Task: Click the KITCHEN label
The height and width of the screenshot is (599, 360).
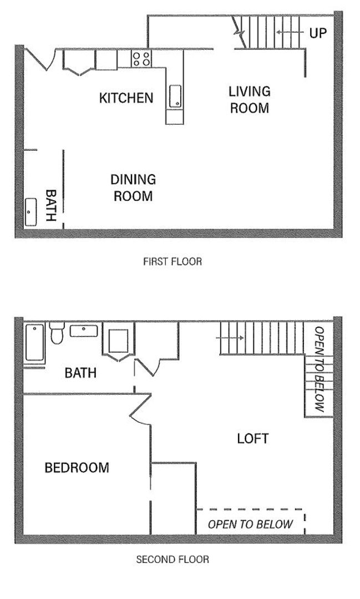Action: (x=126, y=98)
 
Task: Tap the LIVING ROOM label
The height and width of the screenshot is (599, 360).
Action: (x=250, y=99)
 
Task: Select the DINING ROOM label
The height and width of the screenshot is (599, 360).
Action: (x=133, y=187)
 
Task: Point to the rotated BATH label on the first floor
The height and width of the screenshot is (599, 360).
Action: (x=50, y=205)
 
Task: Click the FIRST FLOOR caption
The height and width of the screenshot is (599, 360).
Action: (x=172, y=261)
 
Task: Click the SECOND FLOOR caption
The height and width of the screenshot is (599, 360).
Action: (x=173, y=560)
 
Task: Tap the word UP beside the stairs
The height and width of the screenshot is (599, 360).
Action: (x=318, y=33)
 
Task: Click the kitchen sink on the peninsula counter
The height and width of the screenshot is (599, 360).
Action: (x=174, y=96)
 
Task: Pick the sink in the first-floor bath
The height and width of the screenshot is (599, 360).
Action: (x=30, y=212)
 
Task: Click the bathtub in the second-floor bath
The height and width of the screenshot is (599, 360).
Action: (x=34, y=344)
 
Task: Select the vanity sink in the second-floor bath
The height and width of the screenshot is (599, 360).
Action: (x=84, y=331)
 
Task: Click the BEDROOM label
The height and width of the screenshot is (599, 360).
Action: (x=77, y=468)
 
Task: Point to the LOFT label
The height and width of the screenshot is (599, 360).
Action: (x=252, y=439)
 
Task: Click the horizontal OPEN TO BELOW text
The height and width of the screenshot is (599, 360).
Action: (x=250, y=525)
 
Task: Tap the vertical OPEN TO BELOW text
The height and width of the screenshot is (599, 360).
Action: (x=319, y=369)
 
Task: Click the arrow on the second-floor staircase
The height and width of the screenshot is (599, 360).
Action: (x=231, y=337)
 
